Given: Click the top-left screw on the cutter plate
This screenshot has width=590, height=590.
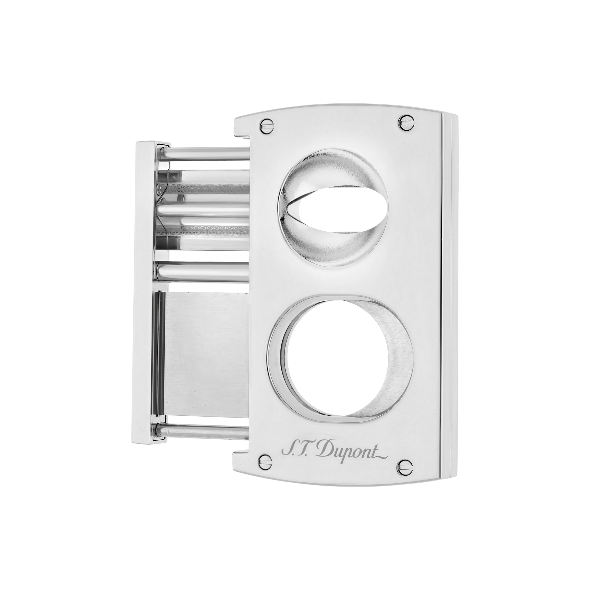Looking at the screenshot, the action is pyautogui.click(x=266, y=125).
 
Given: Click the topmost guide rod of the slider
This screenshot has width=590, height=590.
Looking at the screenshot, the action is pyautogui.click(x=205, y=154).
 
